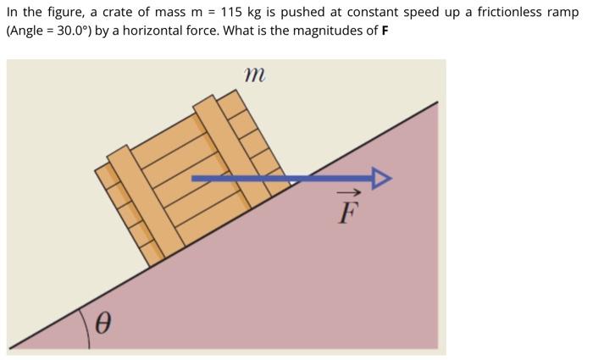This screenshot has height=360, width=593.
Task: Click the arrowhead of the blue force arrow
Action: click(383, 178)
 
